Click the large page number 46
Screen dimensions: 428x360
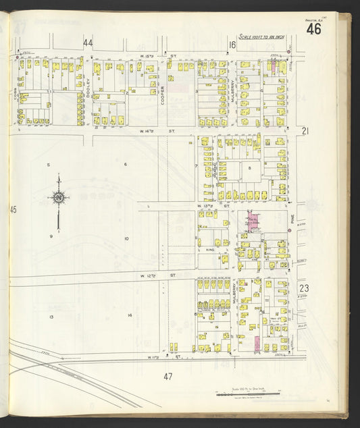tap(313, 29)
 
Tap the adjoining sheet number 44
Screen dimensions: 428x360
tap(88, 43)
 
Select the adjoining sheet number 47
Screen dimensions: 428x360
tap(168, 376)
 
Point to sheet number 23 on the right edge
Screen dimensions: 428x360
tap(304, 288)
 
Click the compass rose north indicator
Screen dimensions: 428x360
tap(59, 198)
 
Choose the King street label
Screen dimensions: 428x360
tap(210, 250)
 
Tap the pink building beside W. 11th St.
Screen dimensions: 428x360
tap(257, 344)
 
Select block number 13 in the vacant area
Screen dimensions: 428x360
tap(51, 316)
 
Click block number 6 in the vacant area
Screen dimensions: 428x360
tap(125, 164)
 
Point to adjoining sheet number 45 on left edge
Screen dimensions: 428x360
tap(13, 210)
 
